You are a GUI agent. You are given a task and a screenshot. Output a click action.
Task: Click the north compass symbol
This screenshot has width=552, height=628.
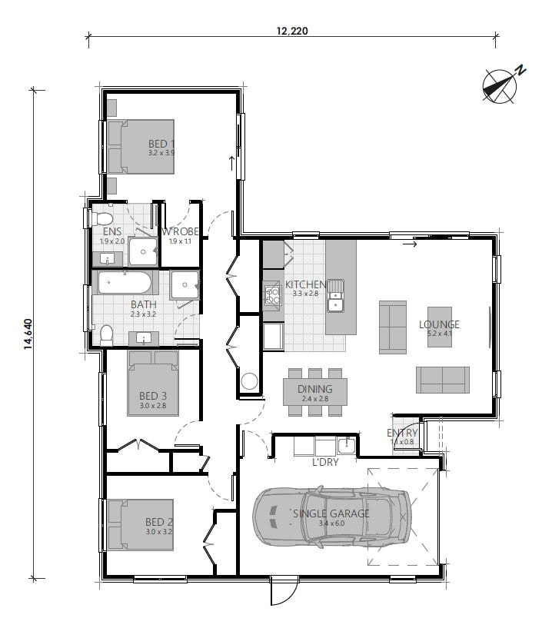point(500,84)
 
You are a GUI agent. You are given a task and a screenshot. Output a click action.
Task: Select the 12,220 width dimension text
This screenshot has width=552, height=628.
point(292,32)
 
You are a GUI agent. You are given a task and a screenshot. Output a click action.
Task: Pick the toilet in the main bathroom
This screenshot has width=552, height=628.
point(106,334)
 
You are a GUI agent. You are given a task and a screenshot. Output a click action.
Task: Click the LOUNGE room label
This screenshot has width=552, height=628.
point(439,324)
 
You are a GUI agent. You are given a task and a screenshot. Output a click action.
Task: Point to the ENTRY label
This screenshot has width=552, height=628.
point(401,434)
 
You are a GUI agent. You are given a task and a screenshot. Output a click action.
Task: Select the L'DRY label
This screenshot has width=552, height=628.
point(324,461)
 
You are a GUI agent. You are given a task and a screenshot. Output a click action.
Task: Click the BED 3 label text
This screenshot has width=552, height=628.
point(153,396)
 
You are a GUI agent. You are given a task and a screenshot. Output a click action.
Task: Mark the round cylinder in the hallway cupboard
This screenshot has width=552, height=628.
point(250,381)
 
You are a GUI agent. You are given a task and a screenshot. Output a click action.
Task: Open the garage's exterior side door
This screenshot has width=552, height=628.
point(281,592)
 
